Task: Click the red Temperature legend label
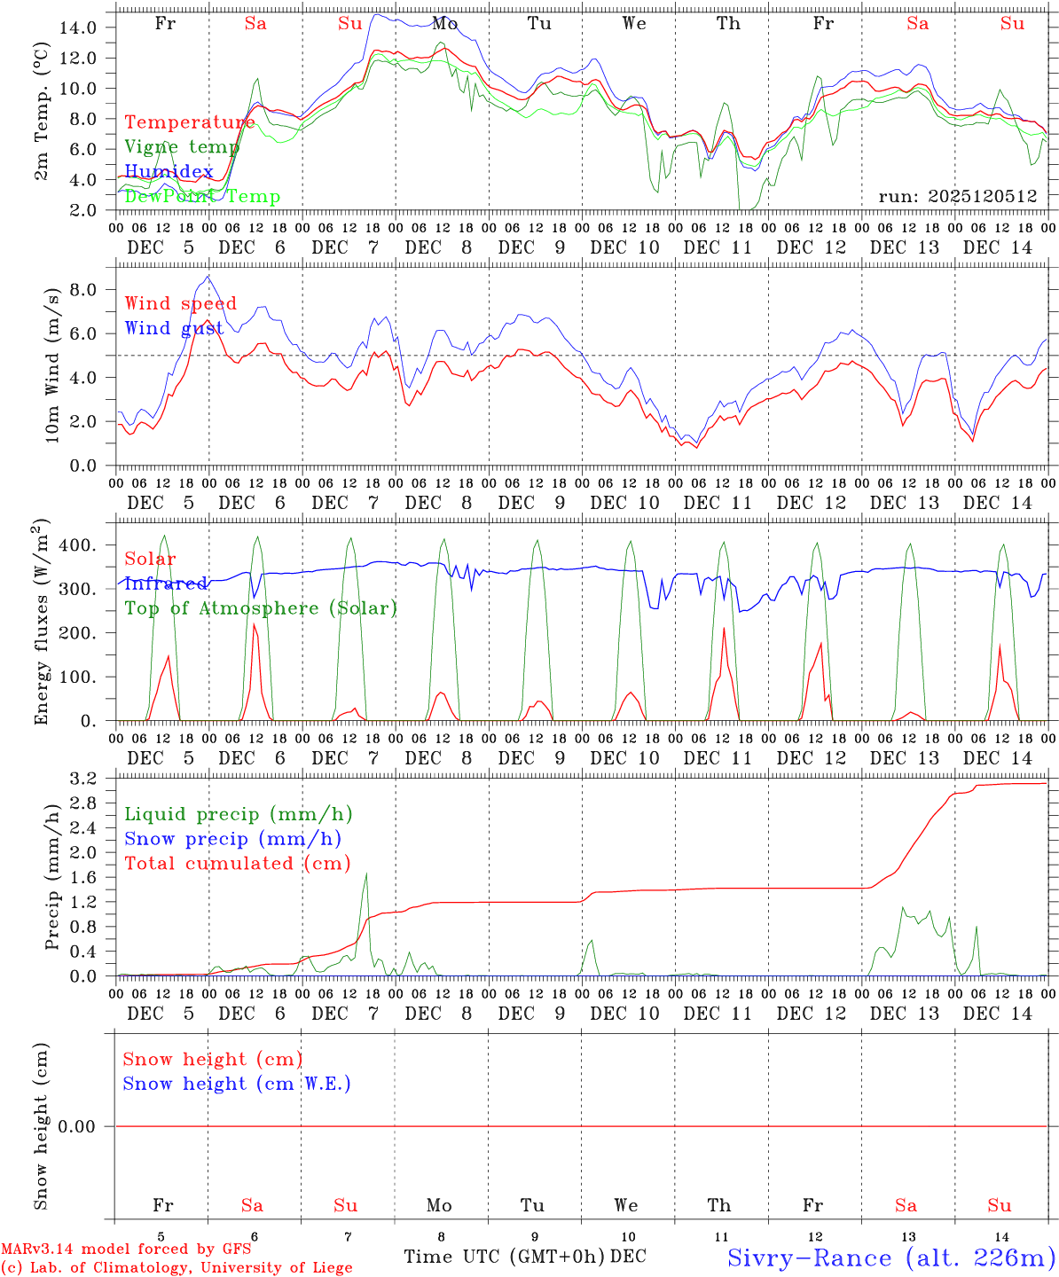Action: tap(190, 122)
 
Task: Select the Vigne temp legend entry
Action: tap(182, 147)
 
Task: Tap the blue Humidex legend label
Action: tap(169, 171)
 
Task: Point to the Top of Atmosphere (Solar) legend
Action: tap(261, 608)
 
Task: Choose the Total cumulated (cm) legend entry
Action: tap(238, 863)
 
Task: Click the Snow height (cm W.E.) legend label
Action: tap(237, 1084)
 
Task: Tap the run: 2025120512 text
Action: tap(957, 197)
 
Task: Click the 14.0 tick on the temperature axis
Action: tap(78, 27)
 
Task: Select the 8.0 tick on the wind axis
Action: tap(87, 290)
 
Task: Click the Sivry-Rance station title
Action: tap(890, 1257)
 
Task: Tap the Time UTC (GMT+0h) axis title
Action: tap(505, 1257)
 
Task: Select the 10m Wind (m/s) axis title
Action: tap(52, 364)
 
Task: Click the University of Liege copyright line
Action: tap(176, 1267)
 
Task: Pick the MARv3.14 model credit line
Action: tap(126, 1249)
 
